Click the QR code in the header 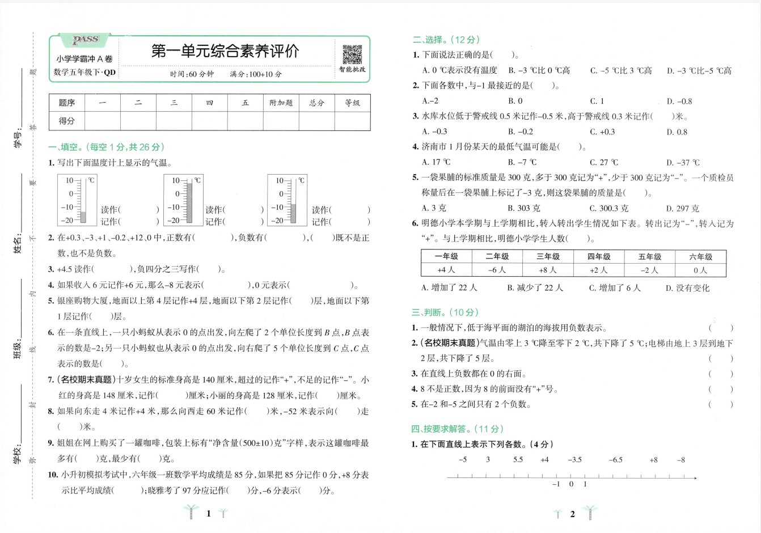pos(352,54)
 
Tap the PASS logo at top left pos(86,40)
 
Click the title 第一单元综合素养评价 pos(225,51)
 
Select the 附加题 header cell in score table pos(281,103)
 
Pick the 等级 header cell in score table pos(352,103)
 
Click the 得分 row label pos(67,121)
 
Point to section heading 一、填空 pos(106,147)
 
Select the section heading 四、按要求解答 pos(457,429)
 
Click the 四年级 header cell pos(599,256)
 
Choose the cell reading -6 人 pos(497,270)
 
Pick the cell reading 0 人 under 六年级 pos(700,270)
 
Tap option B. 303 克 pos(524,208)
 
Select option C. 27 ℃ pos(604,162)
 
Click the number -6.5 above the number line pos(615,459)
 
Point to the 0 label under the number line pos(571,484)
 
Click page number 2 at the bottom pos(572,514)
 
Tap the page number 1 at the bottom pos(209,513)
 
